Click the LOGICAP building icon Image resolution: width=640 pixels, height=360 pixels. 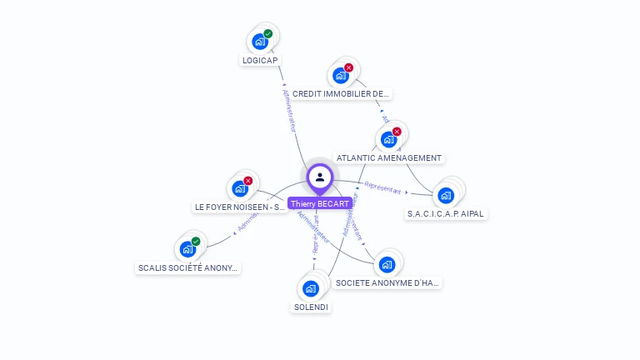pos(260,41)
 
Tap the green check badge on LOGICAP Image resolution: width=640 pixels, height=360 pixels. pos(268,33)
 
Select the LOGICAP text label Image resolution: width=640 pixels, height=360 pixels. pos(260,60)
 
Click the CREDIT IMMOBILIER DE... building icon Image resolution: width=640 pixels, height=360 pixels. pos(340,75)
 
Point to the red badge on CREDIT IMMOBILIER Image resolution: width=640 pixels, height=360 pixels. pos(348,67)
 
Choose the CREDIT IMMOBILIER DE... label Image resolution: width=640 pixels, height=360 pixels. pos(341,94)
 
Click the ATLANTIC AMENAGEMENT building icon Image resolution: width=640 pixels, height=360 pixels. pos(387,139)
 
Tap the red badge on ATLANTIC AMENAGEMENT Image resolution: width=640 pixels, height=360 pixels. pos(397,132)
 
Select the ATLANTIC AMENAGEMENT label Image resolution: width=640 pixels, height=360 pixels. pos(389,157)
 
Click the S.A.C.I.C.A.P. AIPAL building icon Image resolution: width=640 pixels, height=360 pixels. pos(446,196)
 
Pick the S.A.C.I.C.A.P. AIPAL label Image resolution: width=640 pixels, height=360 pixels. pos(446,213)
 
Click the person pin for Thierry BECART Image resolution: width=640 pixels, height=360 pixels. pos(319,177)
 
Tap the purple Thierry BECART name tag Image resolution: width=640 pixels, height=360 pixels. pos(319,203)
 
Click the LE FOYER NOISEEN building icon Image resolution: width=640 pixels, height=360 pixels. pos(240,187)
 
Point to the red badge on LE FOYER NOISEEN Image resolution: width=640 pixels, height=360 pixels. pos(248,180)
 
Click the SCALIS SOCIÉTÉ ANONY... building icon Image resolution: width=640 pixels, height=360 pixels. pos(187,248)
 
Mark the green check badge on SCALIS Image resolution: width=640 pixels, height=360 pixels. pos(196,241)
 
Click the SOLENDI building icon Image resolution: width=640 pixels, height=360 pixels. pos(311,288)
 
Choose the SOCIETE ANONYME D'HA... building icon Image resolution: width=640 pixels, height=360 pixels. pos(386,265)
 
